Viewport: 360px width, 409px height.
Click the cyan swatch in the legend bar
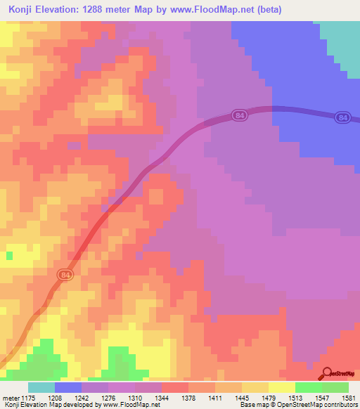[x=41, y=388]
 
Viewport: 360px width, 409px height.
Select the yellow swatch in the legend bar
[x=282, y=388]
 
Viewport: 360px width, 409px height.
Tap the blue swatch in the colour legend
[x=68, y=388]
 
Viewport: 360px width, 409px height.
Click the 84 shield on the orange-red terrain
[x=65, y=274]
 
